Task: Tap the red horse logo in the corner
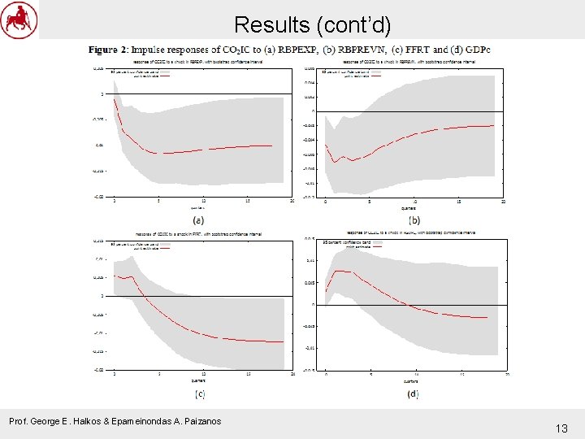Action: coord(19,20)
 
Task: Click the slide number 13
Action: coord(561,428)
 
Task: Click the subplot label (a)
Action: coord(197,219)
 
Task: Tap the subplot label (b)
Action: coord(414,219)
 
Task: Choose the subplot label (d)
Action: coord(414,393)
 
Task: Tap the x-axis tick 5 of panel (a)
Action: coord(158,200)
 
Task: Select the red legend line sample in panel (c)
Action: coord(165,248)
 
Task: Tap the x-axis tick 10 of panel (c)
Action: coord(203,374)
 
